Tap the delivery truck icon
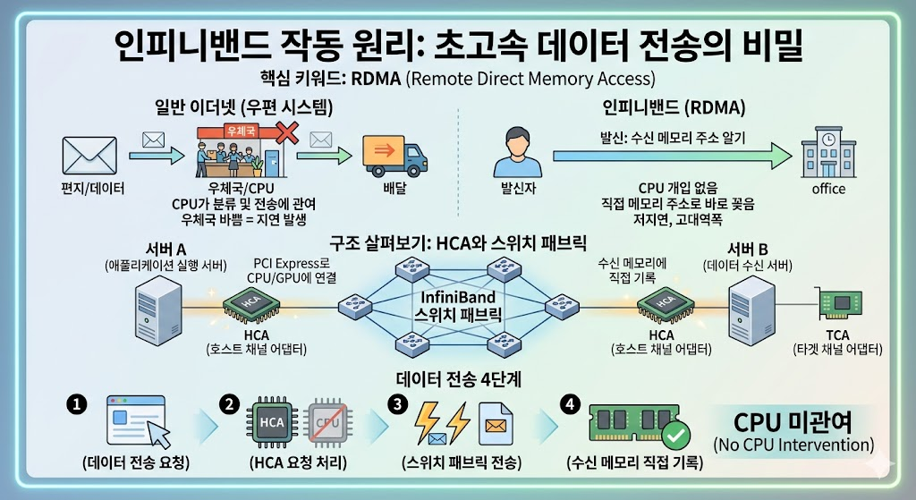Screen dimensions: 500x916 pyautogui.click(x=391, y=157)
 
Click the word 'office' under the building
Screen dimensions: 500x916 pyautogui.click(x=828, y=189)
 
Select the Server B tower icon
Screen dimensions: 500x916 pyautogui.click(x=750, y=309)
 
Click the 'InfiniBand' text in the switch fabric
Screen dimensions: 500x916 pyautogui.click(x=458, y=297)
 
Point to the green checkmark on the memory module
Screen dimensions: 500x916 pyautogui.click(x=676, y=436)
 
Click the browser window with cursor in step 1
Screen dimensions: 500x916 pyautogui.click(x=136, y=419)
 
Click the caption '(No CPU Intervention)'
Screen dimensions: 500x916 pyautogui.click(x=793, y=445)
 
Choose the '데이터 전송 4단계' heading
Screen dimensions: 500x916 pyautogui.click(x=458, y=378)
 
